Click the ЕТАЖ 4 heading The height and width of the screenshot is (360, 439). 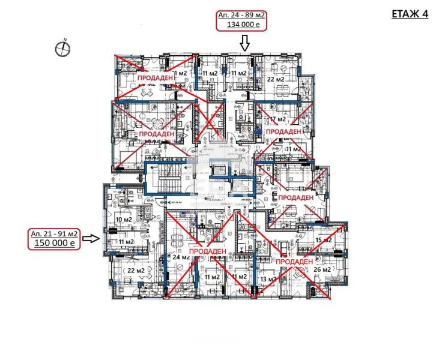click(411, 14)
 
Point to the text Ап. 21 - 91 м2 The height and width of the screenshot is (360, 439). click(54, 233)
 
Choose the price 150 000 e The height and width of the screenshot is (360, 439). click(54, 243)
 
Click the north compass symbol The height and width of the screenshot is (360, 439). click(63, 48)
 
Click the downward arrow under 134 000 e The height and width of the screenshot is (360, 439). click(244, 43)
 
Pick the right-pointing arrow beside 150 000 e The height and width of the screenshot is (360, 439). click(91, 238)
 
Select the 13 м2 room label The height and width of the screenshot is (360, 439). click(268, 279)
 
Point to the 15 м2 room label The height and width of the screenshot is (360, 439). click(323, 240)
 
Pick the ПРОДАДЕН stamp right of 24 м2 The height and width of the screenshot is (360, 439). click(206, 251)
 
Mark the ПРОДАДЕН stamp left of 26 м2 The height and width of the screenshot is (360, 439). click(295, 262)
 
